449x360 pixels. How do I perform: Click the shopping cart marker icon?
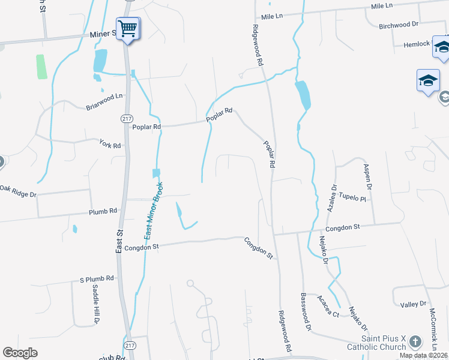pyautogui.click(x=127, y=28)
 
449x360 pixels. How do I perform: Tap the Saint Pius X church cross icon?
pyautogui.click(x=415, y=343)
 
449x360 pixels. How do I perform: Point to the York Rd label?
pyautogui.click(x=110, y=145)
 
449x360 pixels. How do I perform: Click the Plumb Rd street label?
pyautogui.click(x=102, y=212)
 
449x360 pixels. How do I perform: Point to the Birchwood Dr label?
pyautogui.click(x=399, y=25)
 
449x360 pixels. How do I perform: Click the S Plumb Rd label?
pyautogui.click(x=97, y=279)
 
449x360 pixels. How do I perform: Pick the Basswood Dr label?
pyautogui.click(x=305, y=312)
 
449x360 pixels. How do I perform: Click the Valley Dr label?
pyautogui.click(x=414, y=304)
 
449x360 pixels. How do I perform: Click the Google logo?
pyautogui.click(x=20, y=352)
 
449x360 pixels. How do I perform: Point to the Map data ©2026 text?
pyautogui.click(x=424, y=355)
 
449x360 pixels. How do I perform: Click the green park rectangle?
pyautogui.click(x=41, y=67)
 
